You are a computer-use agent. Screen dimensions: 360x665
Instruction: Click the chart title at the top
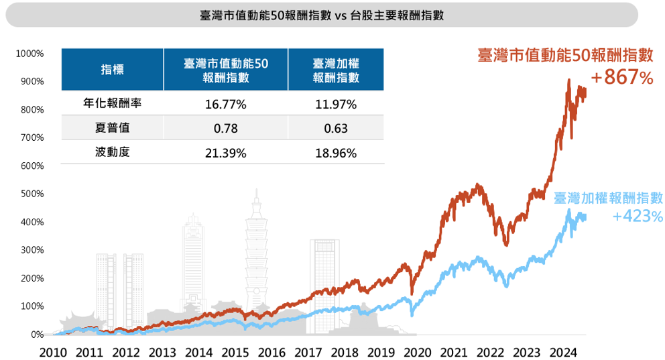point(322,15)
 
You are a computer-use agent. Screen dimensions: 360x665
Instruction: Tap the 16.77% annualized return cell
point(226,105)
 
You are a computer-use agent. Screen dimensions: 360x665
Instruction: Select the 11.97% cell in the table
point(335,105)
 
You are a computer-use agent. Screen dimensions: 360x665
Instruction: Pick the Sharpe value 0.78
point(226,129)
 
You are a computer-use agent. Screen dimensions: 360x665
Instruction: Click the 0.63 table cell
point(335,129)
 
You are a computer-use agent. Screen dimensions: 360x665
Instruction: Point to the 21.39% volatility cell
point(226,153)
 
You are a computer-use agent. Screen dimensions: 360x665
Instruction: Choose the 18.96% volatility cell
point(335,153)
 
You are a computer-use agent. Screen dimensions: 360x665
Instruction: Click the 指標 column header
point(112,69)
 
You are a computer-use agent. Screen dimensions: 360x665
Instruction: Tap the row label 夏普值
point(112,128)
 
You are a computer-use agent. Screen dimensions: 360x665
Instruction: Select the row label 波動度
point(112,152)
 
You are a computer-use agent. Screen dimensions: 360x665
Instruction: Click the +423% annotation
point(637,216)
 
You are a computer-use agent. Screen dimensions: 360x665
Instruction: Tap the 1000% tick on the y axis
point(30,53)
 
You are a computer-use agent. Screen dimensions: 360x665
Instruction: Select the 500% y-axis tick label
point(32,194)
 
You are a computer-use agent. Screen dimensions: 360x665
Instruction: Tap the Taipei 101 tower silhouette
point(256,255)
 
